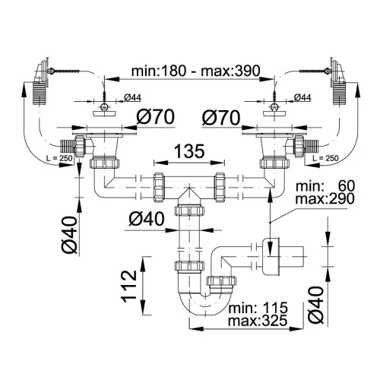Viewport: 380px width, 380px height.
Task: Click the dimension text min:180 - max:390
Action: tap(195, 71)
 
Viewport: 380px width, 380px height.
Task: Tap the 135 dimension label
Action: tap(189, 151)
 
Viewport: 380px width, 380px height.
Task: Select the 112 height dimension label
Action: tap(129, 286)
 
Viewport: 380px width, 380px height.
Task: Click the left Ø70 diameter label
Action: tap(156, 116)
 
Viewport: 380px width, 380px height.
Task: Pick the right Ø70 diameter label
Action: tap(221, 118)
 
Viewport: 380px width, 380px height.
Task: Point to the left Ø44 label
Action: tap(132, 97)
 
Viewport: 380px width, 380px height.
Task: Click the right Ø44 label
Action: tap(302, 97)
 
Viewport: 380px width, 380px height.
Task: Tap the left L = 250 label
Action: tap(59, 158)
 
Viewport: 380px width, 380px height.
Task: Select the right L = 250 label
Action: tap(325, 158)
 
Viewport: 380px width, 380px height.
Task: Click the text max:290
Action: tap(325, 199)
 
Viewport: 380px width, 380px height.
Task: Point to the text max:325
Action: tap(258, 321)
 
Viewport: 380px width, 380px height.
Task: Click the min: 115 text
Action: tap(258, 308)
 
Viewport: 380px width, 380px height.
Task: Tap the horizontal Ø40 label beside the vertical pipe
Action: tap(147, 219)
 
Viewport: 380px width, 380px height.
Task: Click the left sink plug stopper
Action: tap(104, 110)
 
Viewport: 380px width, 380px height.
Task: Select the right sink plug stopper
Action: tap(274, 110)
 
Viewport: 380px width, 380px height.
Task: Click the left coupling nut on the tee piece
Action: tap(159, 188)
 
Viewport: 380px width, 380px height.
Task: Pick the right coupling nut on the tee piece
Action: tap(220, 188)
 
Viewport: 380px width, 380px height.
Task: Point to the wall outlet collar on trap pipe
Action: tap(271, 256)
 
